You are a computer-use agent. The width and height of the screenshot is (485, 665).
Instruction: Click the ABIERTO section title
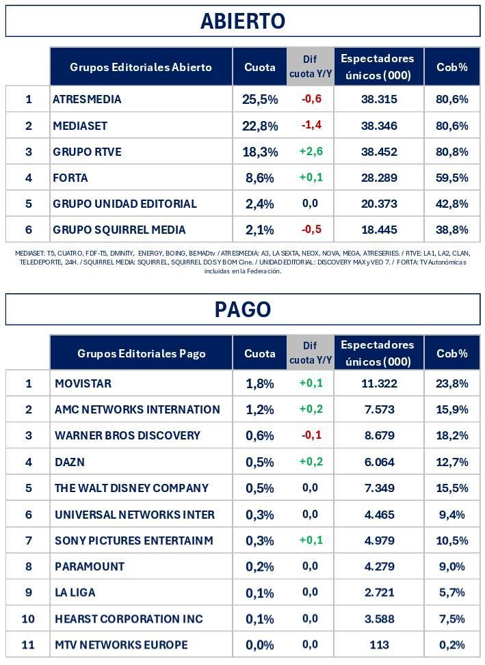pyautogui.click(x=242, y=21)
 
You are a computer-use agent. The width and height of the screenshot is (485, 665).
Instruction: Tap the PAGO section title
pyautogui.click(x=242, y=310)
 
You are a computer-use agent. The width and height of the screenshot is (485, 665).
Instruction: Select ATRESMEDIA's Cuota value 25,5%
pyautogui.click(x=260, y=99)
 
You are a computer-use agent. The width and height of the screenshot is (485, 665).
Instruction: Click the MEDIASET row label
pyautogui.click(x=80, y=126)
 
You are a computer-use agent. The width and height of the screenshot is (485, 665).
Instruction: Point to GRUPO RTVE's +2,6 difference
pyautogui.click(x=311, y=151)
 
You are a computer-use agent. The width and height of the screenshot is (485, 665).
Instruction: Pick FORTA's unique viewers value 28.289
pyautogui.click(x=379, y=178)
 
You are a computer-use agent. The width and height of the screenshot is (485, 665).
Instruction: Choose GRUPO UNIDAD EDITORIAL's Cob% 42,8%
pyautogui.click(x=451, y=204)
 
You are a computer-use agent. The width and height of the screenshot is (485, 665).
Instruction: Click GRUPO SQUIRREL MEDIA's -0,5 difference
pyautogui.click(x=311, y=229)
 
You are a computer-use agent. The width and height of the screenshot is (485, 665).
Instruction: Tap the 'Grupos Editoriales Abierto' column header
pyautogui.click(x=141, y=67)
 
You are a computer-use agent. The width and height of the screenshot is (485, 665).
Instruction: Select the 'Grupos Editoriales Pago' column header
pyautogui.click(x=141, y=353)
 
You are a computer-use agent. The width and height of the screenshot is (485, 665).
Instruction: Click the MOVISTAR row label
pyautogui.click(x=83, y=383)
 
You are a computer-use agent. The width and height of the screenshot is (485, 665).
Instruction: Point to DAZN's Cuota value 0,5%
pyautogui.click(x=260, y=462)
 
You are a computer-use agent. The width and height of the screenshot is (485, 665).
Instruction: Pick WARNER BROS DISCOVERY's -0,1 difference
pyautogui.click(x=311, y=435)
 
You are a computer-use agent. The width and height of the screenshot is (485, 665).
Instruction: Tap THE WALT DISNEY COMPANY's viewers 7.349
pyautogui.click(x=379, y=488)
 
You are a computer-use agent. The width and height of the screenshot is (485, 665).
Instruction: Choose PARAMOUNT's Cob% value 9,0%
pyautogui.click(x=451, y=567)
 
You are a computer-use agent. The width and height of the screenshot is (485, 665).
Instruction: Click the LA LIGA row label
pyautogui.click(x=75, y=593)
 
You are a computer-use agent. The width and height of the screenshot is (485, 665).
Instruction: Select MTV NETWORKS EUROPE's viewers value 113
pyautogui.click(x=379, y=644)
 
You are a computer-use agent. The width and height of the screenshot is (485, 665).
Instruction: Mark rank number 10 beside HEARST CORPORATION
pyautogui.click(x=28, y=619)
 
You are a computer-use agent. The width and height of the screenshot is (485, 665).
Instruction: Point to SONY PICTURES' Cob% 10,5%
pyautogui.click(x=451, y=541)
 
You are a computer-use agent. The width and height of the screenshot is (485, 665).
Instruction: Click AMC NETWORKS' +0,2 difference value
pyautogui.click(x=311, y=409)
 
